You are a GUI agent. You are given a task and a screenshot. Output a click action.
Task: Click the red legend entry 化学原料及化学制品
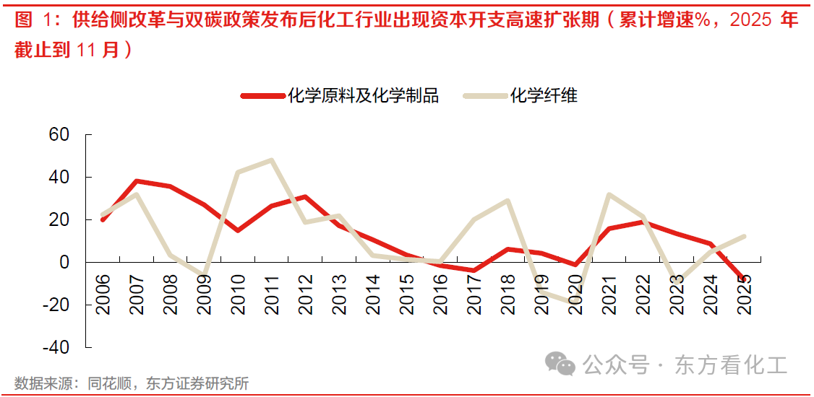[x=340, y=95]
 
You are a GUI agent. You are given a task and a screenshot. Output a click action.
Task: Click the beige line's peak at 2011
[x=271, y=160]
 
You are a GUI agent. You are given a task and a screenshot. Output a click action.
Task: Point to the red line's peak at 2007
[x=137, y=181]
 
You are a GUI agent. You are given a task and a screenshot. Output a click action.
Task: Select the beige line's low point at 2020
[x=575, y=302]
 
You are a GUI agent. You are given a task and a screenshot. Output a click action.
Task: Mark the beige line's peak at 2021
[x=609, y=194]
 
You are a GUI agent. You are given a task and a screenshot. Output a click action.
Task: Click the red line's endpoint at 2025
[x=744, y=279]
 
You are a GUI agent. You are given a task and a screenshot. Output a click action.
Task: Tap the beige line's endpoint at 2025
[x=744, y=236]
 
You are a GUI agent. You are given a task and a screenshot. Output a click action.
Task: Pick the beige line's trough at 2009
[x=205, y=276]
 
